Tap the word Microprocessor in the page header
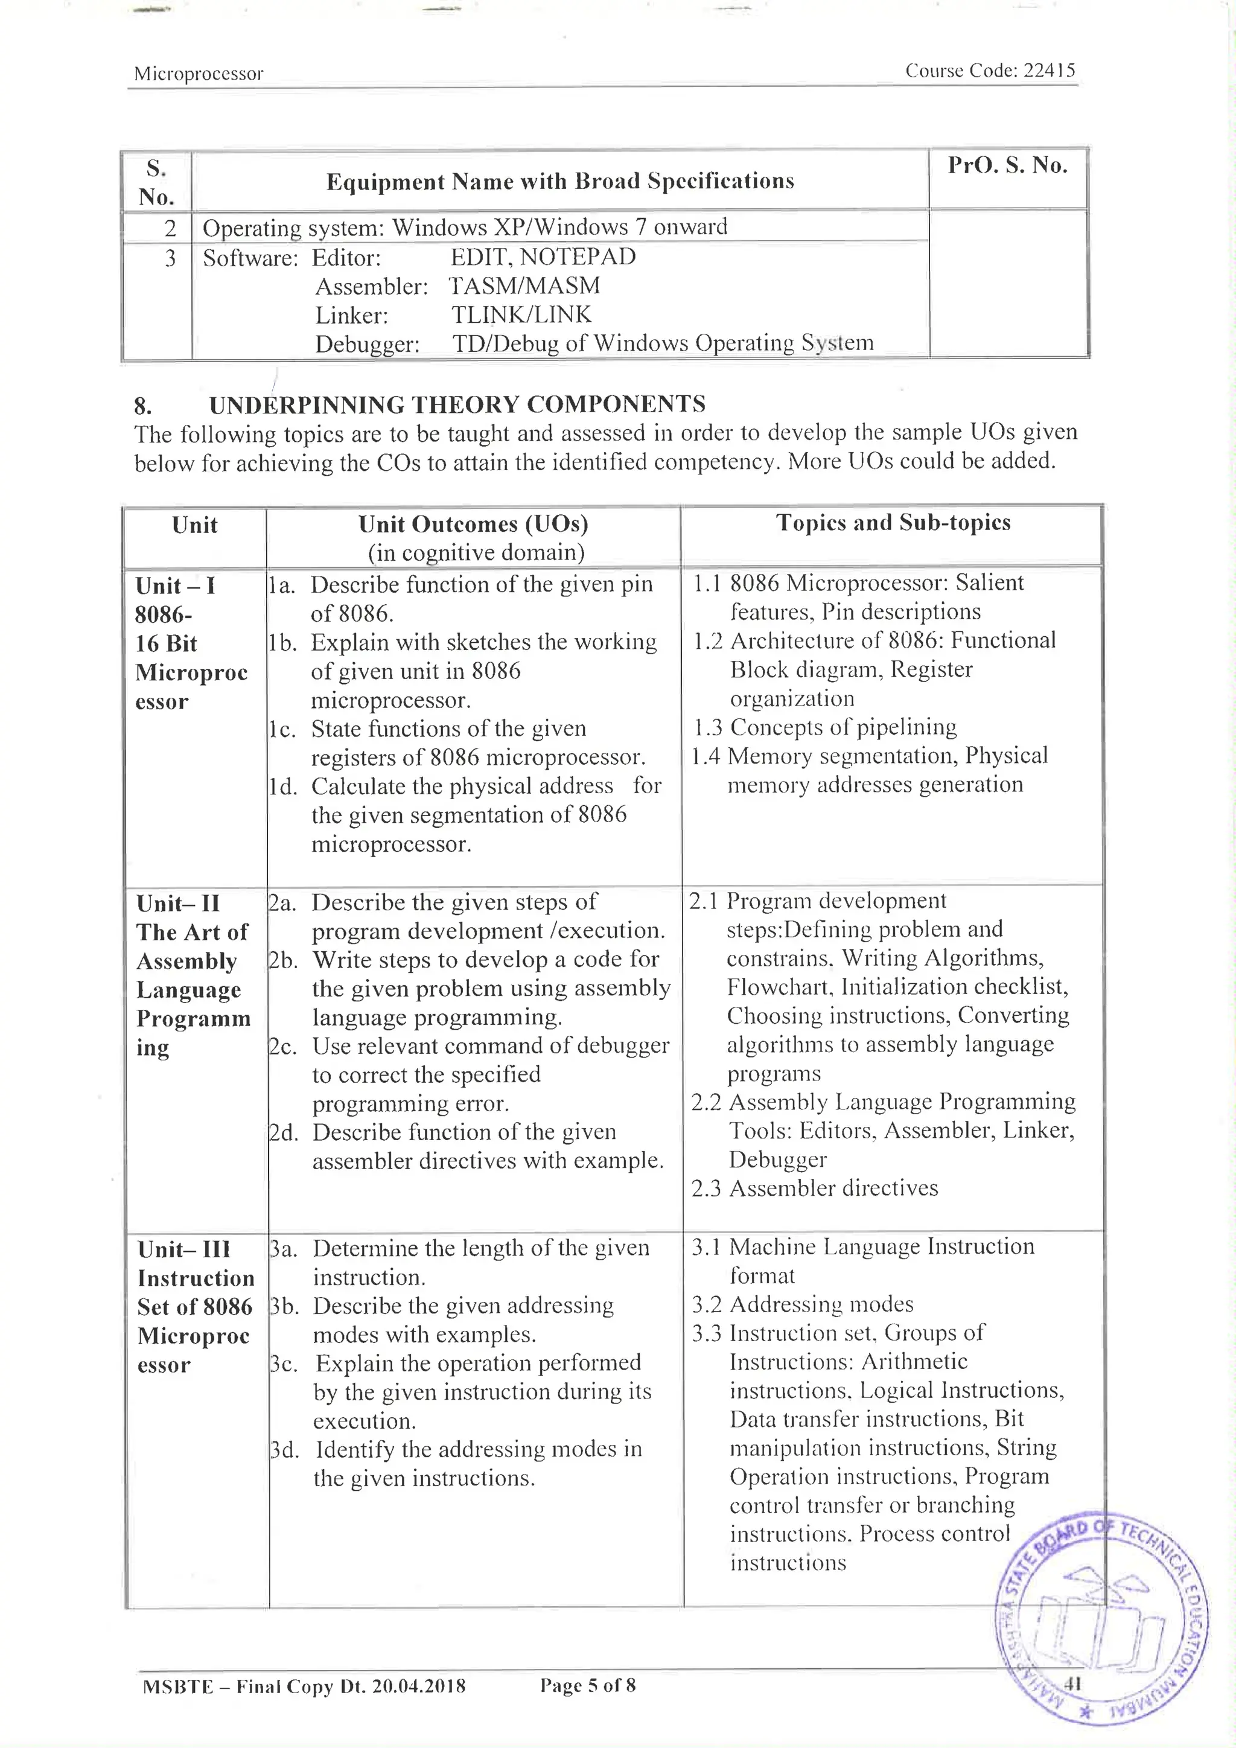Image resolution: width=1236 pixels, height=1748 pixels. pos(199,74)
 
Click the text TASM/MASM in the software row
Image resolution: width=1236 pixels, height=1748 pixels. pos(524,285)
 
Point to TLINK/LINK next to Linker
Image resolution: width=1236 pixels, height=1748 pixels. pos(521,314)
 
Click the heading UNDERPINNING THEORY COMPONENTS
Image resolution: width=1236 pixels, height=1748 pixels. pos(457,404)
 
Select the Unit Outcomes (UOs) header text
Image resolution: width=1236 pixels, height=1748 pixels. pos(473,524)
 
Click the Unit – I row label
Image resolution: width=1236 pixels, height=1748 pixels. pos(175,585)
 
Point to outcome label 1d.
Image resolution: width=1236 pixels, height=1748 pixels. pos(282,786)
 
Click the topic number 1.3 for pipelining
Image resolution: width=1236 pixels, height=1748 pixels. pos(707,727)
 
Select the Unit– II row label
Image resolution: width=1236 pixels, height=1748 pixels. pos(178,904)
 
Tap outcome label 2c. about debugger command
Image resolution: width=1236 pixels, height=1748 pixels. pos(283,1047)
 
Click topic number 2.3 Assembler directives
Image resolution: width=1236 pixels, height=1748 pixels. pos(706,1188)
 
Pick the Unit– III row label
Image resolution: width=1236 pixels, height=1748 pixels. pos(183,1249)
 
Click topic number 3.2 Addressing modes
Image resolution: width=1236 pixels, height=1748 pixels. pos(706,1304)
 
